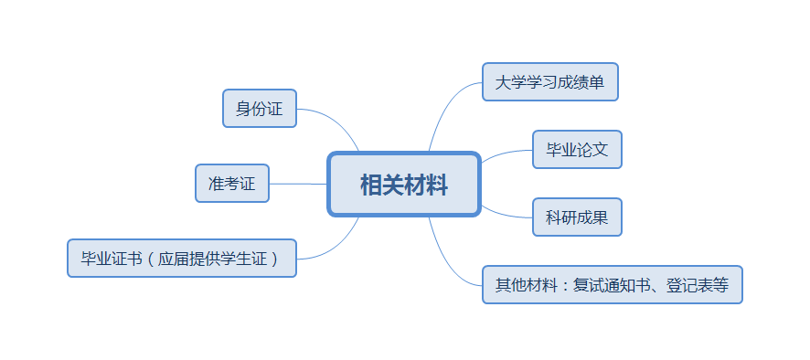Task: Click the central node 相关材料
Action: point(403,185)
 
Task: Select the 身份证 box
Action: point(260,109)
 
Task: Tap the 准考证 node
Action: point(231,184)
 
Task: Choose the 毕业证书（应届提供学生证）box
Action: point(182,258)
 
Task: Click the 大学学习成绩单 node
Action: point(550,82)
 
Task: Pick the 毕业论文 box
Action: point(577,149)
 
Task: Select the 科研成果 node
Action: point(577,217)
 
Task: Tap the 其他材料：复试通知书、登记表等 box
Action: point(612,285)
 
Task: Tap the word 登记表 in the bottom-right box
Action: point(687,285)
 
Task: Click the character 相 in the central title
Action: point(370,185)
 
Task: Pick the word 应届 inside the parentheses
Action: point(172,258)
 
